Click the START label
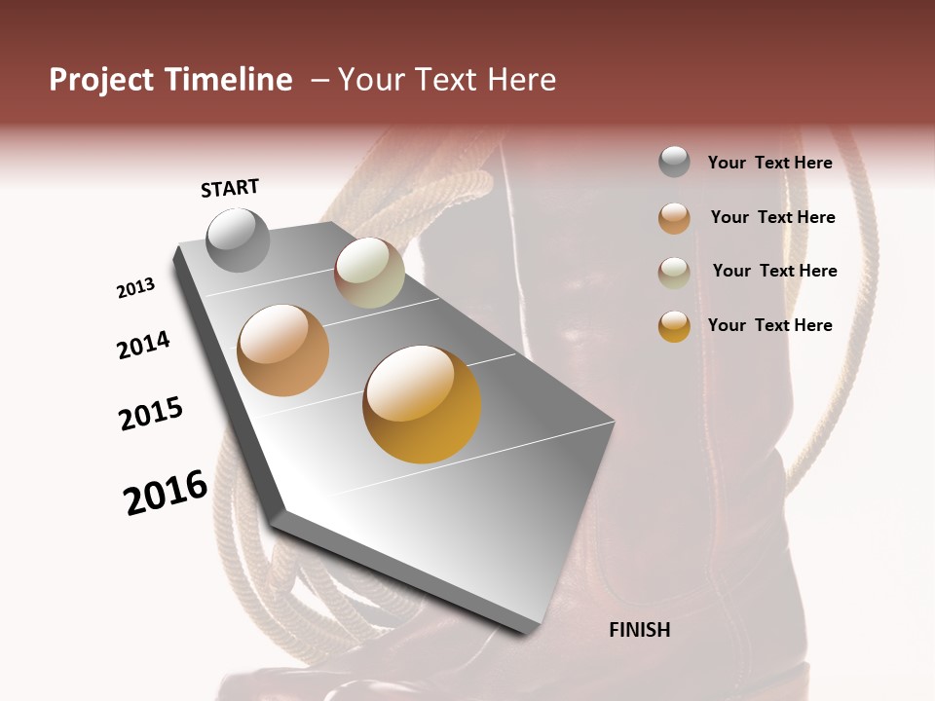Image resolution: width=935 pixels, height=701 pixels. click(230, 188)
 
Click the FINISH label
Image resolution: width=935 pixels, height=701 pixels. click(640, 630)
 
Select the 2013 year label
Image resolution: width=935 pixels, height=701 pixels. click(135, 288)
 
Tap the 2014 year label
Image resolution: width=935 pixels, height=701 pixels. click(143, 346)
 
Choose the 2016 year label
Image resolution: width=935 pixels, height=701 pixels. click(166, 493)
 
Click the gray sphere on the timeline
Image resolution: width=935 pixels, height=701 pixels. click(239, 240)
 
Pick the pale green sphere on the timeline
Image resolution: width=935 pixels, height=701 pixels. click(369, 273)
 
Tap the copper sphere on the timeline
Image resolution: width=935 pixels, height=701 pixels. click(282, 350)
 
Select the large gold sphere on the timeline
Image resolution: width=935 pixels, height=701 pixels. click(422, 404)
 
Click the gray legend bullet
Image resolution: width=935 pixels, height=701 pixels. click(674, 163)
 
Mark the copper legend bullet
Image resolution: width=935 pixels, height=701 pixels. click(674, 218)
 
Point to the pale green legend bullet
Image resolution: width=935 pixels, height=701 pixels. click(674, 273)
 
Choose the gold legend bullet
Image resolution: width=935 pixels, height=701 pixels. click(674, 326)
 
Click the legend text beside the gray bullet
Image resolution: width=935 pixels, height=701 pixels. click(769, 163)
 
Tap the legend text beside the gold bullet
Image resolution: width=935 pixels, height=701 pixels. click(769, 325)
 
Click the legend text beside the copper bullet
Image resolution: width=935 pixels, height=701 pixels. click(772, 217)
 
